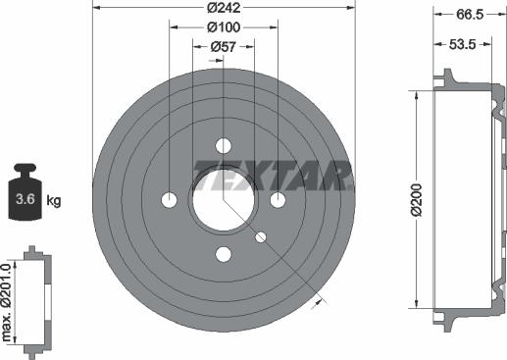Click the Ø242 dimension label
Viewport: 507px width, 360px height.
point(224,8)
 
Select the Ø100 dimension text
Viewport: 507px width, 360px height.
point(224,27)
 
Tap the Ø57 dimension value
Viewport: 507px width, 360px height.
point(224,47)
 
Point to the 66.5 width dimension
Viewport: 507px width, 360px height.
point(470,15)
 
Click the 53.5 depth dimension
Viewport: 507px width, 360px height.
point(462,44)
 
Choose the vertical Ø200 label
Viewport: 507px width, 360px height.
point(418,200)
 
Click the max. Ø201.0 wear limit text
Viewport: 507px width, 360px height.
point(7,303)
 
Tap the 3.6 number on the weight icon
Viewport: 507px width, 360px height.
point(25,199)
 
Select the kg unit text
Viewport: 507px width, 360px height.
point(54,200)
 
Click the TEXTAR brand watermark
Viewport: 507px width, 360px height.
point(274,176)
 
